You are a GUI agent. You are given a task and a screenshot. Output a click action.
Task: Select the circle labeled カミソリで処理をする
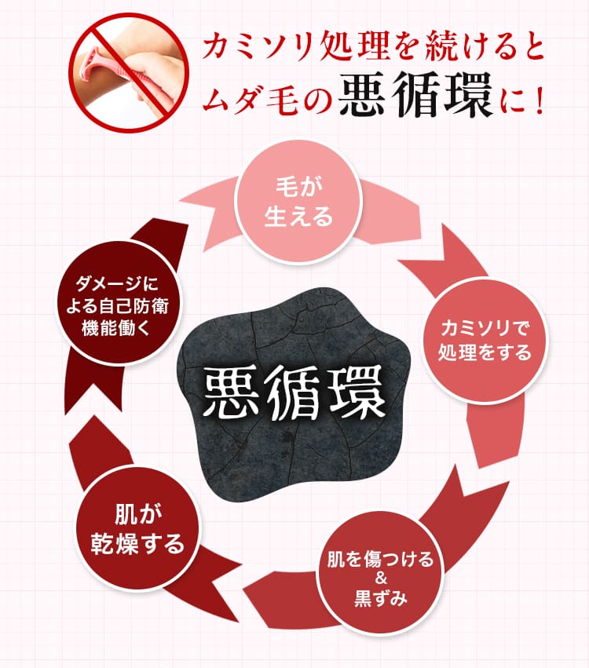point(485,341)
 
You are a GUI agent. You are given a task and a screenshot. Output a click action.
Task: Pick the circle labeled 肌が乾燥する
point(137,528)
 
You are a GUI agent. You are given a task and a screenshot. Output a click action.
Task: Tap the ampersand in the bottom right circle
point(381,579)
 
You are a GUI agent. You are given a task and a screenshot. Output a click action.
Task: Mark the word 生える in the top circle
point(298,216)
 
